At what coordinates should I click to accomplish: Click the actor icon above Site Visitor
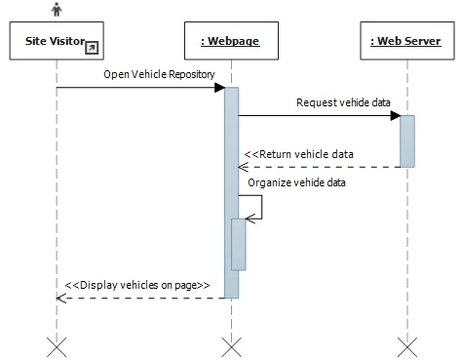coord(57,9)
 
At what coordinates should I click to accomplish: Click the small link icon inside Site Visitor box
coord(92,47)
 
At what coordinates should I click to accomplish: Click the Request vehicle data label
coord(337,102)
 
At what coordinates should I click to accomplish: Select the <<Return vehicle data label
coord(298,154)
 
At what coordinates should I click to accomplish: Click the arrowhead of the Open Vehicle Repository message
coord(220,88)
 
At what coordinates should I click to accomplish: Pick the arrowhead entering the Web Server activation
coord(395,116)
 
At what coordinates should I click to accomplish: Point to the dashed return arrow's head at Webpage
coord(244,167)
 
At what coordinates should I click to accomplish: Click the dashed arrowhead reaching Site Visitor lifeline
coord(62,298)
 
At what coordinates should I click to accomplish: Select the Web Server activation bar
coord(407,141)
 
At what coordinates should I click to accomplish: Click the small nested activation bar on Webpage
coord(238,244)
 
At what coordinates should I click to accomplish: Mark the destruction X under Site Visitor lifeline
coord(57,345)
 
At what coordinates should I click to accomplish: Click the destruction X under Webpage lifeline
coord(231,345)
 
